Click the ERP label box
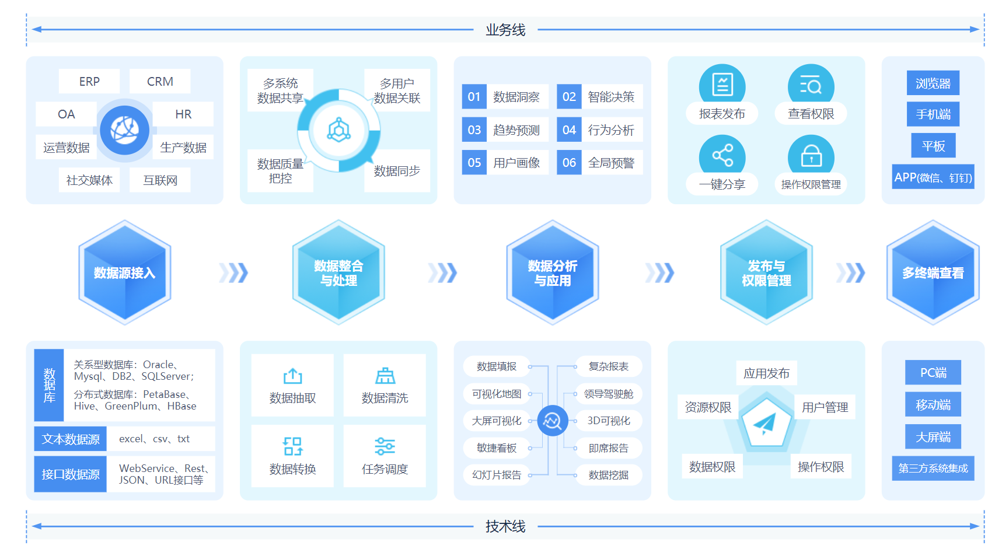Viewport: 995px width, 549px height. click(x=89, y=81)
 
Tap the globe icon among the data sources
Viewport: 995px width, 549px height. click(x=124, y=130)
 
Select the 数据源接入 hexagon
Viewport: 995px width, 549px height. click(x=124, y=272)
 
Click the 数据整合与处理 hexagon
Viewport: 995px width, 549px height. click(x=338, y=272)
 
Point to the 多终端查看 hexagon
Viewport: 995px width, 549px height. click(x=933, y=272)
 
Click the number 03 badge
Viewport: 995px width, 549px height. click(x=474, y=130)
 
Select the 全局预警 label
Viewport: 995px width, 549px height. click(x=611, y=163)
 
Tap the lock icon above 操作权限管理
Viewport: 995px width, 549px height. click(x=811, y=156)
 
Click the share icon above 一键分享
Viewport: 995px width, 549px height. click(x=722, y=156)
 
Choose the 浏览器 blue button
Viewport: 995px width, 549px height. click(x=933, y=83)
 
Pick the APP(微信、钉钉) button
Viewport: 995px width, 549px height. click(x=933, y=177)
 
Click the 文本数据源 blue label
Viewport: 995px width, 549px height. click(x=70, y=439)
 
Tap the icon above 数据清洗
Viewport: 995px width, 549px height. click(x=385, y=376)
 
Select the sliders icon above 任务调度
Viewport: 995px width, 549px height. click(x=385, y=446)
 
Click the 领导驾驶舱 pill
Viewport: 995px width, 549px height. click(x=608, y=394)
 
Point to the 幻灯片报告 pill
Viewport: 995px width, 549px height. click(x=497, y=475)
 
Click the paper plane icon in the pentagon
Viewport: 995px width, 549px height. click(x=764, y=423)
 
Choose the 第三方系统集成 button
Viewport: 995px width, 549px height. click(x=933, y=468)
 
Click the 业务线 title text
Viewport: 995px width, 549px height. click(x=505, y=30)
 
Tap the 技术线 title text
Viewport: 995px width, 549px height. click(x=505, y=526)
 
